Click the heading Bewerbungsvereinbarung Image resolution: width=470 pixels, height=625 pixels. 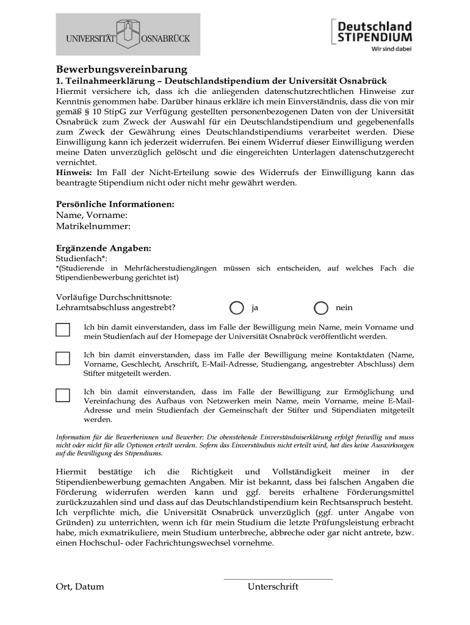click(x=121, y=70)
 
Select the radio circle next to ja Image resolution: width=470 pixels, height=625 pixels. click(x=236, y=308)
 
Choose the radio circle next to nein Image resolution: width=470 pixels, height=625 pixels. click(x=321, y=308)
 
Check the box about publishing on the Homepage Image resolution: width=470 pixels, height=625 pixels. click(x=63, y=330)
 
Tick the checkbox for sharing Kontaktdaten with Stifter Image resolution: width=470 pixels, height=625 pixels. click(x=63, y=358)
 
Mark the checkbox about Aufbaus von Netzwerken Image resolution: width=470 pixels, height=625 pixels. click(x=63, y=395)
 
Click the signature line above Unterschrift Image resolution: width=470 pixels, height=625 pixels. click(x=278, y=579)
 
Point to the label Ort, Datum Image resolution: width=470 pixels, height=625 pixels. click(x=80, y=587)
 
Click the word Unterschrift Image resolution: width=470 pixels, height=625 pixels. click(x=273, y=587)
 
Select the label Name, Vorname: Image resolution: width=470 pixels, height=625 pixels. click(x=92, y=215)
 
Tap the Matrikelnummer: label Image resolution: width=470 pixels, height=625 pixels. click(x=93, y=226)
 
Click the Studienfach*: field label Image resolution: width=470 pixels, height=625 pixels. click(x=82, y=259)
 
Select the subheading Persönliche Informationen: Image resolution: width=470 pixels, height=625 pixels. click(x=115, y=204)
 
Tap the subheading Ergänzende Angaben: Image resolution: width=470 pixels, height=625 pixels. click(x=103, y=248)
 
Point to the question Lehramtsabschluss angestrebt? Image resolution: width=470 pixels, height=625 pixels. click(x=120, y=308)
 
